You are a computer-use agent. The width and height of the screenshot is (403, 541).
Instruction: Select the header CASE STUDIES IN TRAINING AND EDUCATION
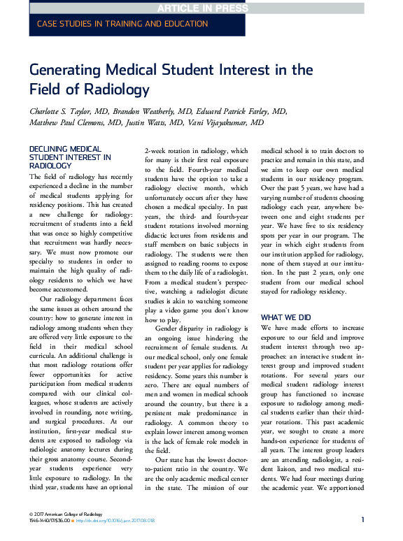click(x=122, y=24)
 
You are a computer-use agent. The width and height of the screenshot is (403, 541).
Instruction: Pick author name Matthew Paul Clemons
click(x=78, y=123)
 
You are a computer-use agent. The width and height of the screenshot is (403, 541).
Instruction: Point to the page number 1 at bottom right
click(x=362, y=520)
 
